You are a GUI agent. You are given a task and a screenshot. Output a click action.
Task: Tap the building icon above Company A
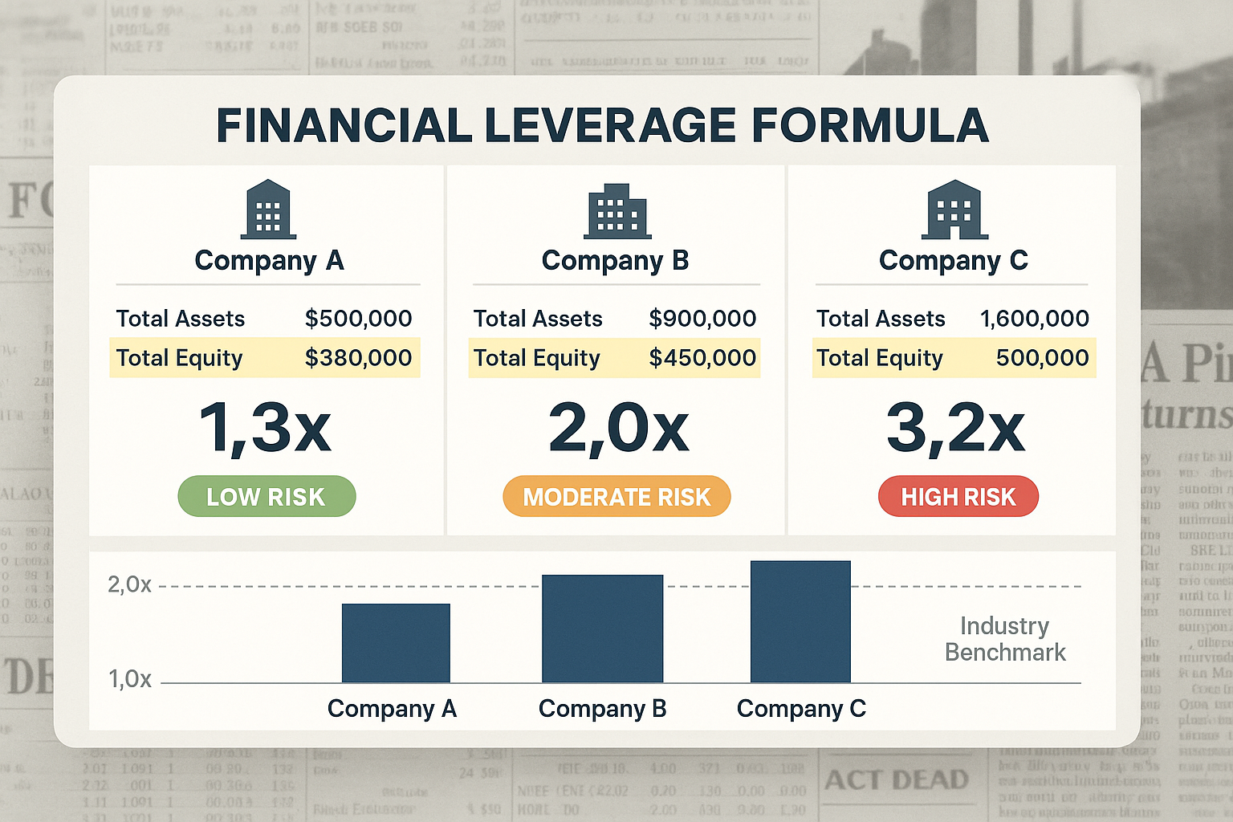pos(269,210)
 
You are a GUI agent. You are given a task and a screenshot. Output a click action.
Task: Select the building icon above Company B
pos(617,211)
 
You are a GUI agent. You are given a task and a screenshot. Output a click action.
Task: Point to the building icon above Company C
pos(954,210)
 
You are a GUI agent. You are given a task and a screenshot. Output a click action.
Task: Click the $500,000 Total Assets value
pos(358,319)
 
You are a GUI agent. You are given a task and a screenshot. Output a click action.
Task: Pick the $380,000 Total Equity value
pos(358,358)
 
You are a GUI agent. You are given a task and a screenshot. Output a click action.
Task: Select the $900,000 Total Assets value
pos(702,319)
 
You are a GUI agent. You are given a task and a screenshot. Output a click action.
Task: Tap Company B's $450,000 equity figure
pos(702,358)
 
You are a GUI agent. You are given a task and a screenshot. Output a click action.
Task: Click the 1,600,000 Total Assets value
pos(1034,319)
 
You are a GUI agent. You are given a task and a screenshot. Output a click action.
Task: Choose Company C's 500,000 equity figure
pos(1042,358)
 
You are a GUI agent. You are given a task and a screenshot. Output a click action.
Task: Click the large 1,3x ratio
pos(265,429)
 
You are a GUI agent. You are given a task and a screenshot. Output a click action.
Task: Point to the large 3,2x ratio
pos(955,429)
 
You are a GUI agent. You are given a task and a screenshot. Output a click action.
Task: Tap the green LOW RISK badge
pos(267,497)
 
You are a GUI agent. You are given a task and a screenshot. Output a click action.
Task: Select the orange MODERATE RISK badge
pos(616,497)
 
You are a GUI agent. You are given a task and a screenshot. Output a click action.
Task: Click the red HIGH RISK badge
pos(958,497)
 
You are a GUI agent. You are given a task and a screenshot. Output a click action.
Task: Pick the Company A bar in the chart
pos(396,643)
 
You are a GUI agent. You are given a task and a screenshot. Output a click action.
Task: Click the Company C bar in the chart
pos(800,622)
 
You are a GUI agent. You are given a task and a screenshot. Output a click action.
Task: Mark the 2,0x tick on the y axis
pos(129,585)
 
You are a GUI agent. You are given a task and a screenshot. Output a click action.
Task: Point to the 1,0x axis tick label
pos(130,679)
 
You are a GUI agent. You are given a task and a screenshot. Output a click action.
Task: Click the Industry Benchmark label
pos(1005,639)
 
